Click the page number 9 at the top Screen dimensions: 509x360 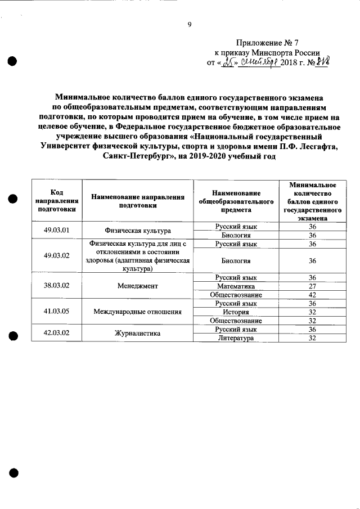pyautogui.click(x=190, y=24)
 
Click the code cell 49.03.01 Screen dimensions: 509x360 pyautogui.click(x=56, y=230)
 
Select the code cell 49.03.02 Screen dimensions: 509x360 pyautogui.click(x=56, y=256)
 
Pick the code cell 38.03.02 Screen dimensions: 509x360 pyautogui.click(x=56, y=286)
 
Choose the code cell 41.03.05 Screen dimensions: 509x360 pyautogui.click(x=56, y=311)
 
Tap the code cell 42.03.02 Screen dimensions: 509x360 pyautogui.click(x=56, y=333)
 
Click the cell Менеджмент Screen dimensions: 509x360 pyautogui.click(x=137, y=286)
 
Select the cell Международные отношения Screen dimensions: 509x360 pyautogui.click(x=137, y=311)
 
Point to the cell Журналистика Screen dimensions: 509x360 pyautogui.click(x=137, y=333)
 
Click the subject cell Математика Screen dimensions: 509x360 pyautogui.click(x=236, y=286)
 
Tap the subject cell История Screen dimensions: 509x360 pyautogui.click(x=236, y=312)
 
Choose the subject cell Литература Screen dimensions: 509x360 pyautogui.click(x=236, y=337)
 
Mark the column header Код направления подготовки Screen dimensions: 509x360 pyautogui.click(x=56, y=201)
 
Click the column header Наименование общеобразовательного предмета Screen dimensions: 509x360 pyautogui.click(x=236, y=201)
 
